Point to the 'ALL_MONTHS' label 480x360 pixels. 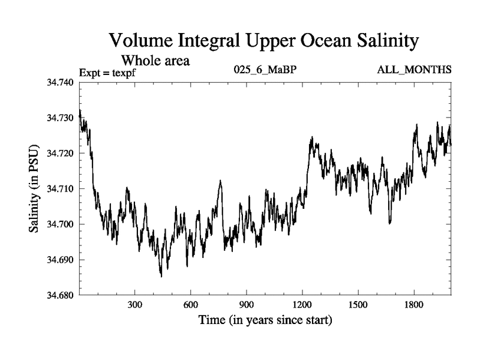414,70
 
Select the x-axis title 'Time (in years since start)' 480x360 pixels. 265,321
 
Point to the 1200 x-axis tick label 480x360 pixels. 302,304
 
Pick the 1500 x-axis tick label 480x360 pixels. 358,304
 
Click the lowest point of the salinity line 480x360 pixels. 161,276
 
